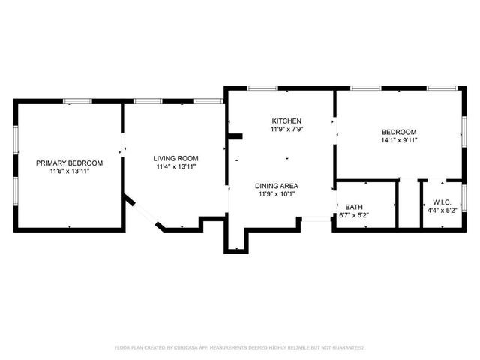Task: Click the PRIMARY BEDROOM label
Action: [70, 163]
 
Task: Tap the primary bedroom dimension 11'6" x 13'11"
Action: [70, 172]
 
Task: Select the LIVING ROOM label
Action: [175, 158]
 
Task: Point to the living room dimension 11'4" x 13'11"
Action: [175, 167]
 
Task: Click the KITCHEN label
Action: [286, 121]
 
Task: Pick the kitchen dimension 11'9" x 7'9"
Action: [286, 129]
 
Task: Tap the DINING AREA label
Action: [277, 186]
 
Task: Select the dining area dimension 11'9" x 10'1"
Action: [277, 195]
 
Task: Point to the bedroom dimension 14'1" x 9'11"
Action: [399, 139]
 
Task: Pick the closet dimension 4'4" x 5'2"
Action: [441, 210]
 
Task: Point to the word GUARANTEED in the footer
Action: [347, 348]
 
